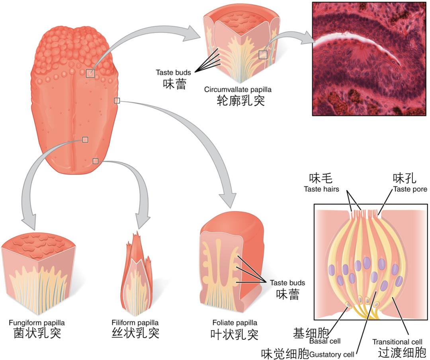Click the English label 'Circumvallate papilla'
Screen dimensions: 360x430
[235, 90]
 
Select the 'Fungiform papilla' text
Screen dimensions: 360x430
[37, 323]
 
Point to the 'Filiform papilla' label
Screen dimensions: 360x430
[135, 323]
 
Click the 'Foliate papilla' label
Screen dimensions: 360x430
[235, 323]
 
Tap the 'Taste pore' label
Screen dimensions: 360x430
[410, 189]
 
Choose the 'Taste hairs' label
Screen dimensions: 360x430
[321, 189]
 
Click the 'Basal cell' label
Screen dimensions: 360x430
[325, 341]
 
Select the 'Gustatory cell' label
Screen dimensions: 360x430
[332, 354]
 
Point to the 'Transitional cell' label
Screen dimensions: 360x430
[397, 342]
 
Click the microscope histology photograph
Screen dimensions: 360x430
[370, 59]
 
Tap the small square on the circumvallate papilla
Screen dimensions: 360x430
[263, 55]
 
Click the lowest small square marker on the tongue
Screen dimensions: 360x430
[95, 161]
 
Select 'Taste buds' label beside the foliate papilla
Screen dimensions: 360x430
[287, 283]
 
